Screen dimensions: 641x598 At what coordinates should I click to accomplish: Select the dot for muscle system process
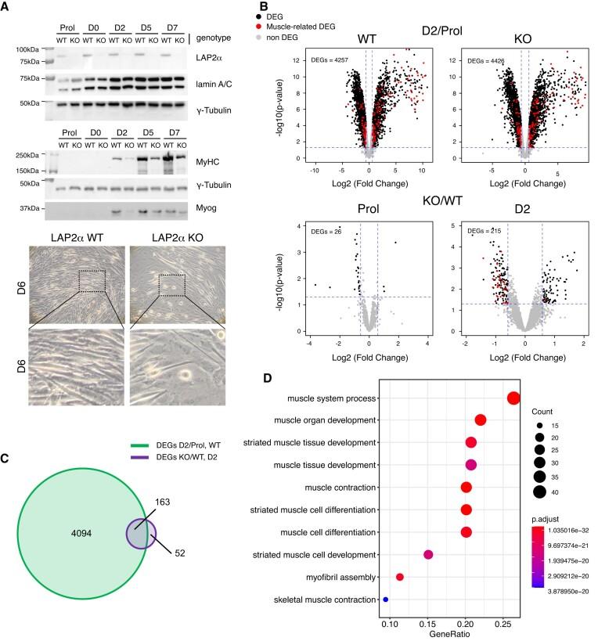pyautogui.click(x=513, y=398)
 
